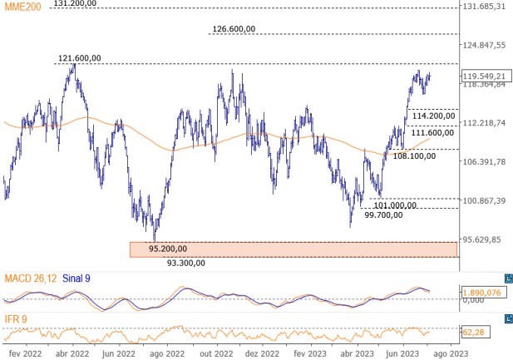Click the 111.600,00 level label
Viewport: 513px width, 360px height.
432,132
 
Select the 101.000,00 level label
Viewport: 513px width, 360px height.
396,205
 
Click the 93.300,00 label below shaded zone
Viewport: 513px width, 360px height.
186,263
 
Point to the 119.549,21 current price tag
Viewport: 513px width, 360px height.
483,76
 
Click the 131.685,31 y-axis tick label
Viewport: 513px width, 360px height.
485,6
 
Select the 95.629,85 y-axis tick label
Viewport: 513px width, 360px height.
485,239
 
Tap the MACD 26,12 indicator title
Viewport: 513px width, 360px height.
29,277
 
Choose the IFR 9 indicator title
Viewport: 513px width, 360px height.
17,319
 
